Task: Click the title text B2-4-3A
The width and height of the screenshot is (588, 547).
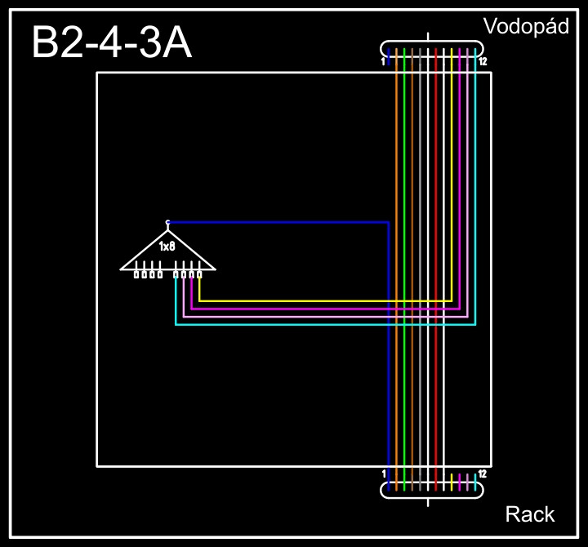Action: click(x=112, y=43)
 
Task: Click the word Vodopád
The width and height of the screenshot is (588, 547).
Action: click(x=525, y=26)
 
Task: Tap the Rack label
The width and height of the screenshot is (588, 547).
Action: click(x=530, y=514)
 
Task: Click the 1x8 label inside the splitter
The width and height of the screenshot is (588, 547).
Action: click(x=167, y=246)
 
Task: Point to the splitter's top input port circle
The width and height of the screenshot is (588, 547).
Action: click(x=167, y=221)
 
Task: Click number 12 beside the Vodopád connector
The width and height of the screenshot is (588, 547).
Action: click(x=483, y=62)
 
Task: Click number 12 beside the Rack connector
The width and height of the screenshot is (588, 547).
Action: click(x=483, y=474)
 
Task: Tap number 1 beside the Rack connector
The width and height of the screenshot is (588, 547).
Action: click(x=384, y=474)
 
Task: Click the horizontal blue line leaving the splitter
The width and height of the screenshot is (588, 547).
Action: click(x=278, y=222)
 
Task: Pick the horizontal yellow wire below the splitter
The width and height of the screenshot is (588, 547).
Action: click(x=327, y=300)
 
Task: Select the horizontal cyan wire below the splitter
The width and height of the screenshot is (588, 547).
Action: click(x=327, y=325)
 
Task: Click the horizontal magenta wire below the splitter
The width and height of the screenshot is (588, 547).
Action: click(x=327, y=309)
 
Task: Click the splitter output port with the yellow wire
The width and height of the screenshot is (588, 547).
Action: click(x=199, y=274)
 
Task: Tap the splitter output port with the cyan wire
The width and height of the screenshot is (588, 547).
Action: click(x=176, y=274)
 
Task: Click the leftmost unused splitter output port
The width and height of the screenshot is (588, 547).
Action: click(x=136, y=274)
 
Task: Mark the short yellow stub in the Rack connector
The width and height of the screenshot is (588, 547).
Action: click(x=452, y=482)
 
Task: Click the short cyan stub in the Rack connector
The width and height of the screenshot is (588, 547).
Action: click(x=475, y=482)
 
